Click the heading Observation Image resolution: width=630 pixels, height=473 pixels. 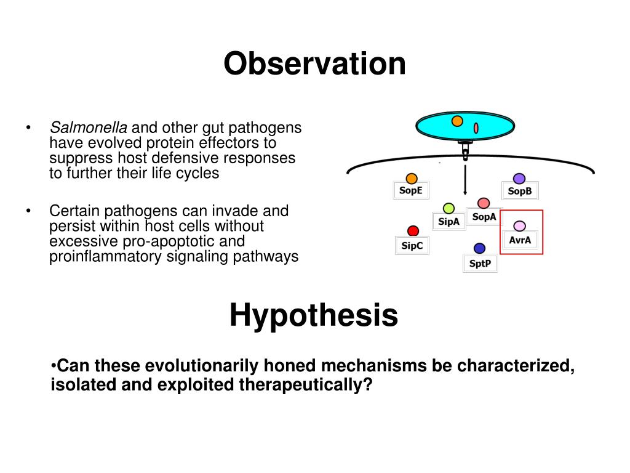[x=314, y=63]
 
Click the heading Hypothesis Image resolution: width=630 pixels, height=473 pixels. [x=314, y=315]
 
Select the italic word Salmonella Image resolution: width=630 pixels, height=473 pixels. [x=89, y=127]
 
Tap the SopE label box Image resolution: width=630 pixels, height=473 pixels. [x=411, y=190]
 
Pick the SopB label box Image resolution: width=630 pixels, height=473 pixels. [x=520, y=191]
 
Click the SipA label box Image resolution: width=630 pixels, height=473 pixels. [x=449, y=222]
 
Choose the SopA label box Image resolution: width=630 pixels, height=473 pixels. [x=484, y=217]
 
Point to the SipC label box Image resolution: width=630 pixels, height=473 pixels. [x=412, y=246]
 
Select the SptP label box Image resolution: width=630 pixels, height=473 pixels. [x=480, y=264]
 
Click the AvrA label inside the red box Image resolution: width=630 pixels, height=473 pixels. [x=520, y=240]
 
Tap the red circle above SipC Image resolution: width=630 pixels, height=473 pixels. [x=413, y=231]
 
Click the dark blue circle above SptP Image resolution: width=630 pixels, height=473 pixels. [x=480, y=249]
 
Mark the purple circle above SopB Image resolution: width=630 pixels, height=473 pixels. [x=519, y=179]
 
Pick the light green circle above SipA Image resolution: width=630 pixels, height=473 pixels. [x=449, y=208]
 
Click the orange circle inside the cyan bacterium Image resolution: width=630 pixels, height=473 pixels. [x=457, y=121]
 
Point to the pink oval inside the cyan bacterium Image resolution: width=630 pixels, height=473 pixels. [x=476, y=128]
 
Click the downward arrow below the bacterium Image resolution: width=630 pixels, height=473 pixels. [x=465, y=180]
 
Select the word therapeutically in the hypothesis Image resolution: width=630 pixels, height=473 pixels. [x=306, y=384]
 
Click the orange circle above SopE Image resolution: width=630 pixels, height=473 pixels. [x=412, y=178]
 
